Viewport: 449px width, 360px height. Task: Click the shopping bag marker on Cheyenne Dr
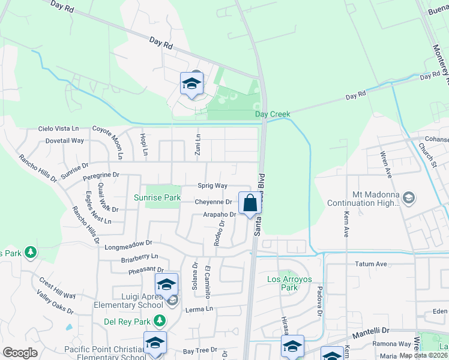point(250,203)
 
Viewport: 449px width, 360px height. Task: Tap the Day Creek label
point(273,114)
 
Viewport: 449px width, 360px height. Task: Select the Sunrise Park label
point(157,197)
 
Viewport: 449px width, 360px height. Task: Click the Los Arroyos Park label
point(291,283)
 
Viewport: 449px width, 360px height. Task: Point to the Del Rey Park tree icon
point(159,322)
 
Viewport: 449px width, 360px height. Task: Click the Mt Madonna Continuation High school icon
point(408,197)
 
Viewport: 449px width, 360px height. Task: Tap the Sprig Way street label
point(212,186)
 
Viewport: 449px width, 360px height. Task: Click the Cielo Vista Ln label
point(58,128)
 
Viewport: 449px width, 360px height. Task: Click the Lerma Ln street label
point(200,309)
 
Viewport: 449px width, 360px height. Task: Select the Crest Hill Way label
point(58,288)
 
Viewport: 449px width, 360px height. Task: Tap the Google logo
point(20,352)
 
